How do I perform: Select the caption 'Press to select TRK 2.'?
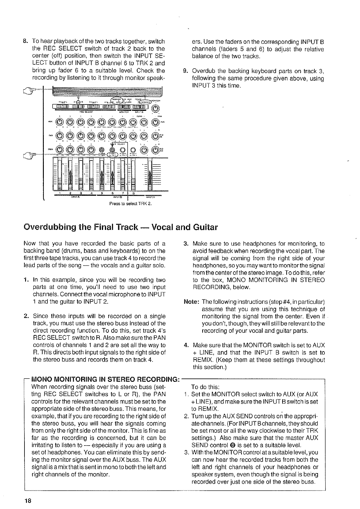(x=130, y=203)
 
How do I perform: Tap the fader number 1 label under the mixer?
(x=60, y=193)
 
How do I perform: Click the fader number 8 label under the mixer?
(x=133, y=193)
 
